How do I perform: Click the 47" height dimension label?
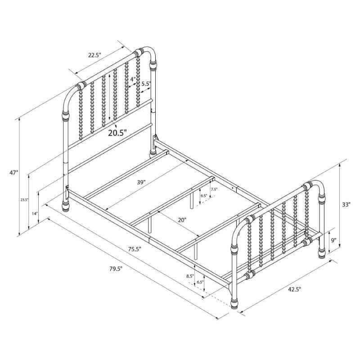(x=13, y=173)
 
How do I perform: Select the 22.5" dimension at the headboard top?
(x=94, y=55)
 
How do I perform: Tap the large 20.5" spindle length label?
(x=117, y=133)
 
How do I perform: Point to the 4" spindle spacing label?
(x=132, y=80)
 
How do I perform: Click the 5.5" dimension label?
(x=146, y=84)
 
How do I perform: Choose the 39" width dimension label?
(x=141, y=182)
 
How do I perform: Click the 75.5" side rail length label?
(x=135, y=249)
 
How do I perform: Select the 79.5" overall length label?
(x=116, y=268)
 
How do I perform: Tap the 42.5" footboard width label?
(x=295, y=289)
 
